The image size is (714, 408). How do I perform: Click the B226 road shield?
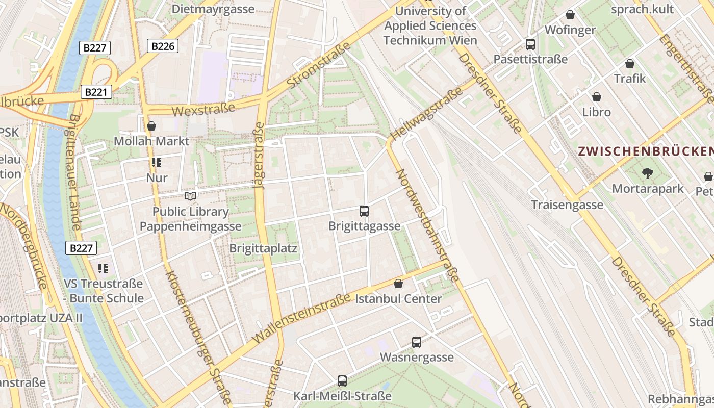(x=163, y=46)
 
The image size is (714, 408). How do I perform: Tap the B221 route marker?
(x=95, y=92)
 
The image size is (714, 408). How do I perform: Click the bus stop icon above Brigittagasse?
(x=364, y=211)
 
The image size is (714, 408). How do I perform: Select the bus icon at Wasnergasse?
(x=417, y=342)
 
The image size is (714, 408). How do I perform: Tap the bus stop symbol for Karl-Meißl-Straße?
(x=342, y=380)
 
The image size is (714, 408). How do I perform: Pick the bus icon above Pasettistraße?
(x=530, y=44)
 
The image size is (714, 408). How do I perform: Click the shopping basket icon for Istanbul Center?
(x=398, y=284)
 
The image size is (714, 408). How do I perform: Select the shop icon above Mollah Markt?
(x=151, y=126)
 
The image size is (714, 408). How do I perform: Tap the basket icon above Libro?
(x=597, y=97)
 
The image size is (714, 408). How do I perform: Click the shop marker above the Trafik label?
(x=630, y=64)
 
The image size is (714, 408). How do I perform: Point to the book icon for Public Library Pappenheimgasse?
(x=190, y=196)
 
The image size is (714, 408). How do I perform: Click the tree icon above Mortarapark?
(x=648, y=173)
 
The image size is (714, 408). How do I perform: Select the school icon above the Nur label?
(x=157, y=163)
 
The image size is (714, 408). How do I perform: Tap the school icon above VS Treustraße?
(x=103, y=268)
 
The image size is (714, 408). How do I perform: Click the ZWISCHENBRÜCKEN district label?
(x=646, y=151)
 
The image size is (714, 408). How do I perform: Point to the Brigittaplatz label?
(x=263, y=248)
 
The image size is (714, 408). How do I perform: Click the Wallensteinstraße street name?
(x=301, y=318)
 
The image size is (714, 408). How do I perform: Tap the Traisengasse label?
(x=567, y=205)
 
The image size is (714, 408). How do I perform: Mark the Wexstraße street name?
(x=203, y=109)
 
